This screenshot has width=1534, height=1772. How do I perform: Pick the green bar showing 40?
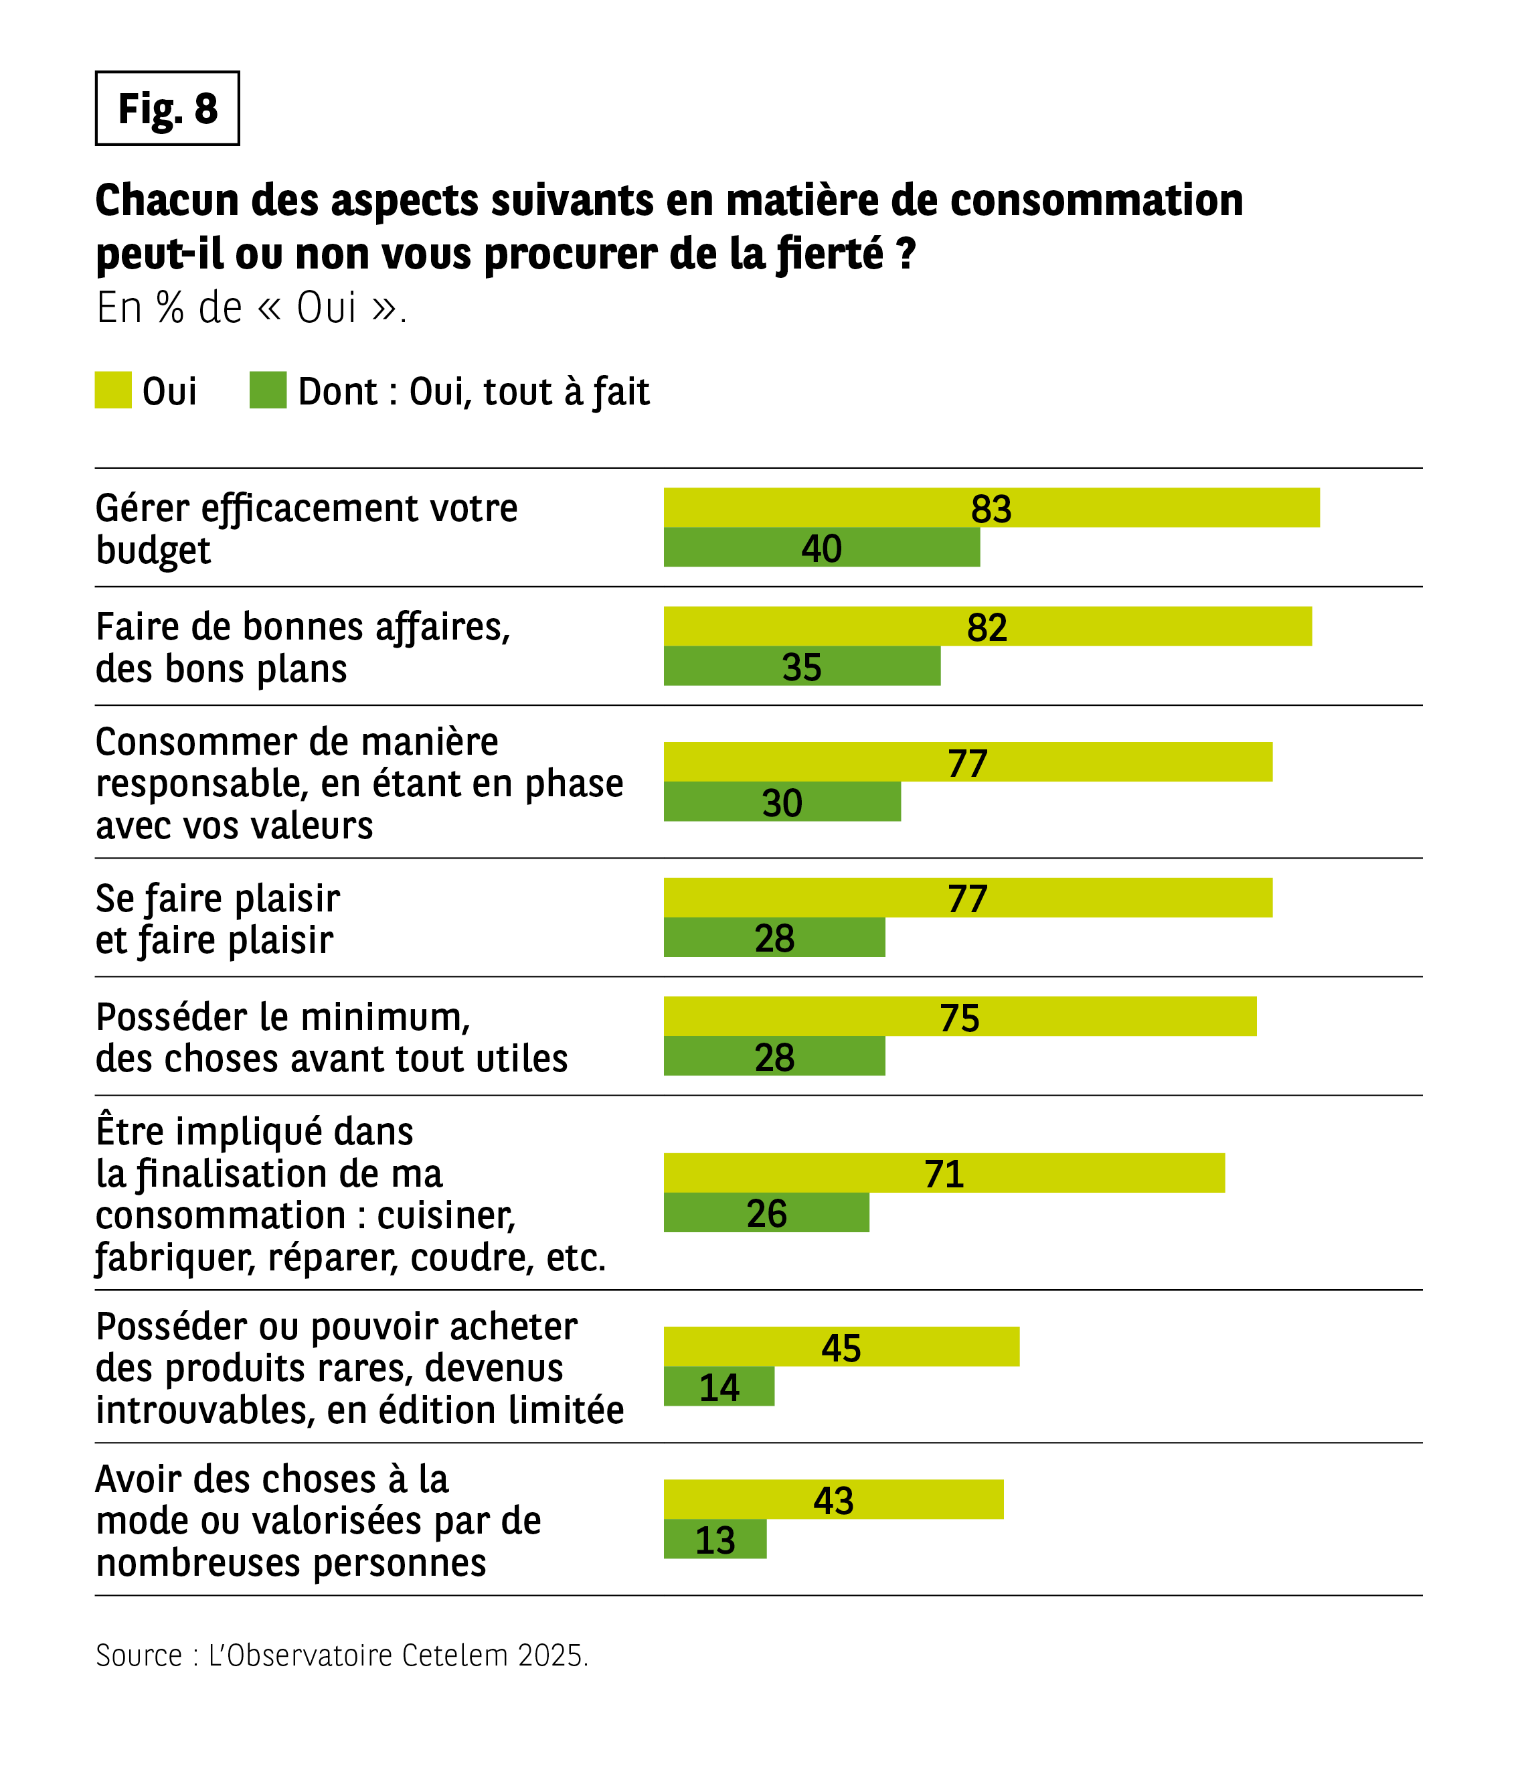coord(822,547)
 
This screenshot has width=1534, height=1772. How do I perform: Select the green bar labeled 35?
coord(802,666)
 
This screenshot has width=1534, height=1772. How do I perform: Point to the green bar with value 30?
coord(782,802)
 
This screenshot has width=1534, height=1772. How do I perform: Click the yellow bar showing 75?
coord(960,1017)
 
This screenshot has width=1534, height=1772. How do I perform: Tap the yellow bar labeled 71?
coord(944,1173)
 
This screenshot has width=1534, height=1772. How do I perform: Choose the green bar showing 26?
coord(766,1213)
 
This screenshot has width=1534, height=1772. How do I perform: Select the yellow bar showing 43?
coord(834,1499)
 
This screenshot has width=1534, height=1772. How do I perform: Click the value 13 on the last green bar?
coord(715,1540)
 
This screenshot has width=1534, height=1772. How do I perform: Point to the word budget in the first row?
coord(153,550)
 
